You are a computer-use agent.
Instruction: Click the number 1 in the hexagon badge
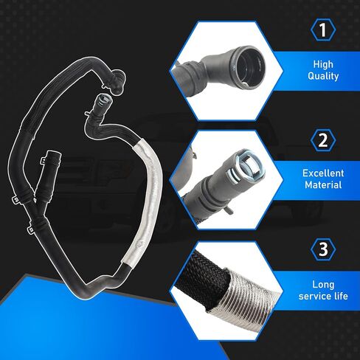pyautogui.click(x=323, y=30)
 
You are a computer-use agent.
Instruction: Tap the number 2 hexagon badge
pyautogui.click(x=323, y=140)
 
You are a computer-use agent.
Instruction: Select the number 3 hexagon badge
pyautogui.click(x=323, y=249)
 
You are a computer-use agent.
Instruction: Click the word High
pyautogui.click(x=323, y=64)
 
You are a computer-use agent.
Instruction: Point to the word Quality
pyautogui.click(x=323, y=76)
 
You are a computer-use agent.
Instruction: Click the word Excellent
pyautogui.click(x=323, y=173)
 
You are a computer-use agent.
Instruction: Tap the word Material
pyautogui.click(x=323, y=185)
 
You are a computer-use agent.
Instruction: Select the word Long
pyautogui.click(x=323, y=285)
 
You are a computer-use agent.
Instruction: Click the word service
pyautogui.click(x=314, y=296)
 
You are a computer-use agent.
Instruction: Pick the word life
pyautogui.click(x=340, y=296)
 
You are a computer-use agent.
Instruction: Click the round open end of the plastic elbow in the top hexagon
pyautogui.click(x=248, y=65)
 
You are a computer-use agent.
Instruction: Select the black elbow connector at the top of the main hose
pyautogui.click(x=116, y=82)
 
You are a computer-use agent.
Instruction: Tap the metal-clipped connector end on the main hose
pyautogui.click(x=103, y=101)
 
